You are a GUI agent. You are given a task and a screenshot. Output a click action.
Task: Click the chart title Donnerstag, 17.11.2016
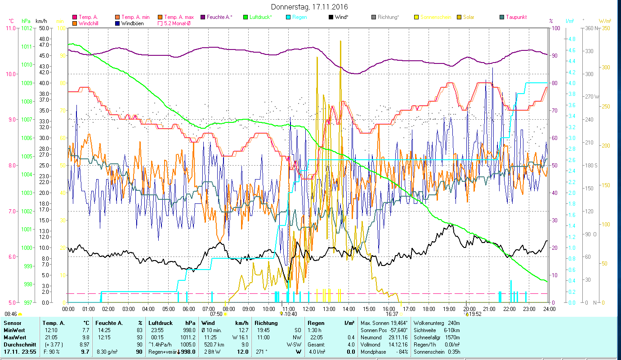310,7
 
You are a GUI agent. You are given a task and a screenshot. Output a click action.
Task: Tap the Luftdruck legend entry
260,17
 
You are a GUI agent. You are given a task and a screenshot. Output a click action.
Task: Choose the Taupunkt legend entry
516,17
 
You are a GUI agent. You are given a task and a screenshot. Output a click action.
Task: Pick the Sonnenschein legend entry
436,17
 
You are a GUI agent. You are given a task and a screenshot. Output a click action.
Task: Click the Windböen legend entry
132,23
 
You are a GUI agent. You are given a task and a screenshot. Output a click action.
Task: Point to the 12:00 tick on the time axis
309,309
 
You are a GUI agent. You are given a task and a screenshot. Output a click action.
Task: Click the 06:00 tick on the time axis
188,309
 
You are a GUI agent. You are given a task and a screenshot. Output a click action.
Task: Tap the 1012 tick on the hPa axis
26,28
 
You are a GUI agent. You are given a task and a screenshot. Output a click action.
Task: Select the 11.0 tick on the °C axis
10,28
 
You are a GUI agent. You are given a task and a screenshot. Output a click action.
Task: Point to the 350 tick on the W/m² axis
605,28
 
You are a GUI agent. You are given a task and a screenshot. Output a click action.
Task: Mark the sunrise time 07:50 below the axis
216,314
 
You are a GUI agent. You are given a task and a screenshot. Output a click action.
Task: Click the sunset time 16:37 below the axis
392,314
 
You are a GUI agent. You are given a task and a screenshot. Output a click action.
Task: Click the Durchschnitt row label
17,345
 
